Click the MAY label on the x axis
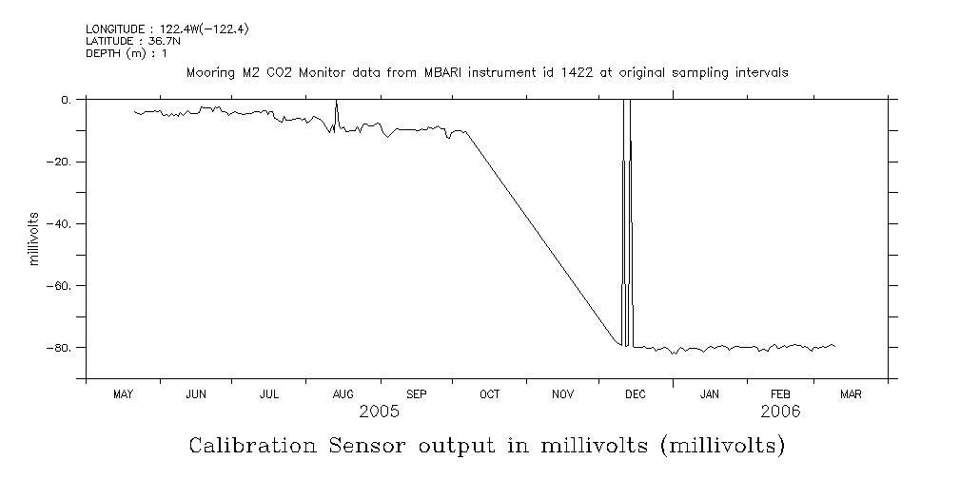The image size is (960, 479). point(123,394)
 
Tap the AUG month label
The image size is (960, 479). point(343,394)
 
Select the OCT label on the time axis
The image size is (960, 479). point(489,394)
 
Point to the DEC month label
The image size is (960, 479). point(636,394)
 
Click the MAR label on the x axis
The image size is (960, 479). point(851,394)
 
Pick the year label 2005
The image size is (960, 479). point(379,412)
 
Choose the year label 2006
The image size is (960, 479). point(780,412)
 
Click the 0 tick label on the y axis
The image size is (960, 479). point(67,100)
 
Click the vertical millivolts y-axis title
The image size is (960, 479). point(34,239)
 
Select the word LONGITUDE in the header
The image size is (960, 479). point(112,29)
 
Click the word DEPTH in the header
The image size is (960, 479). point(102,52)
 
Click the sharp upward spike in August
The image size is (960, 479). point(337,105)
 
